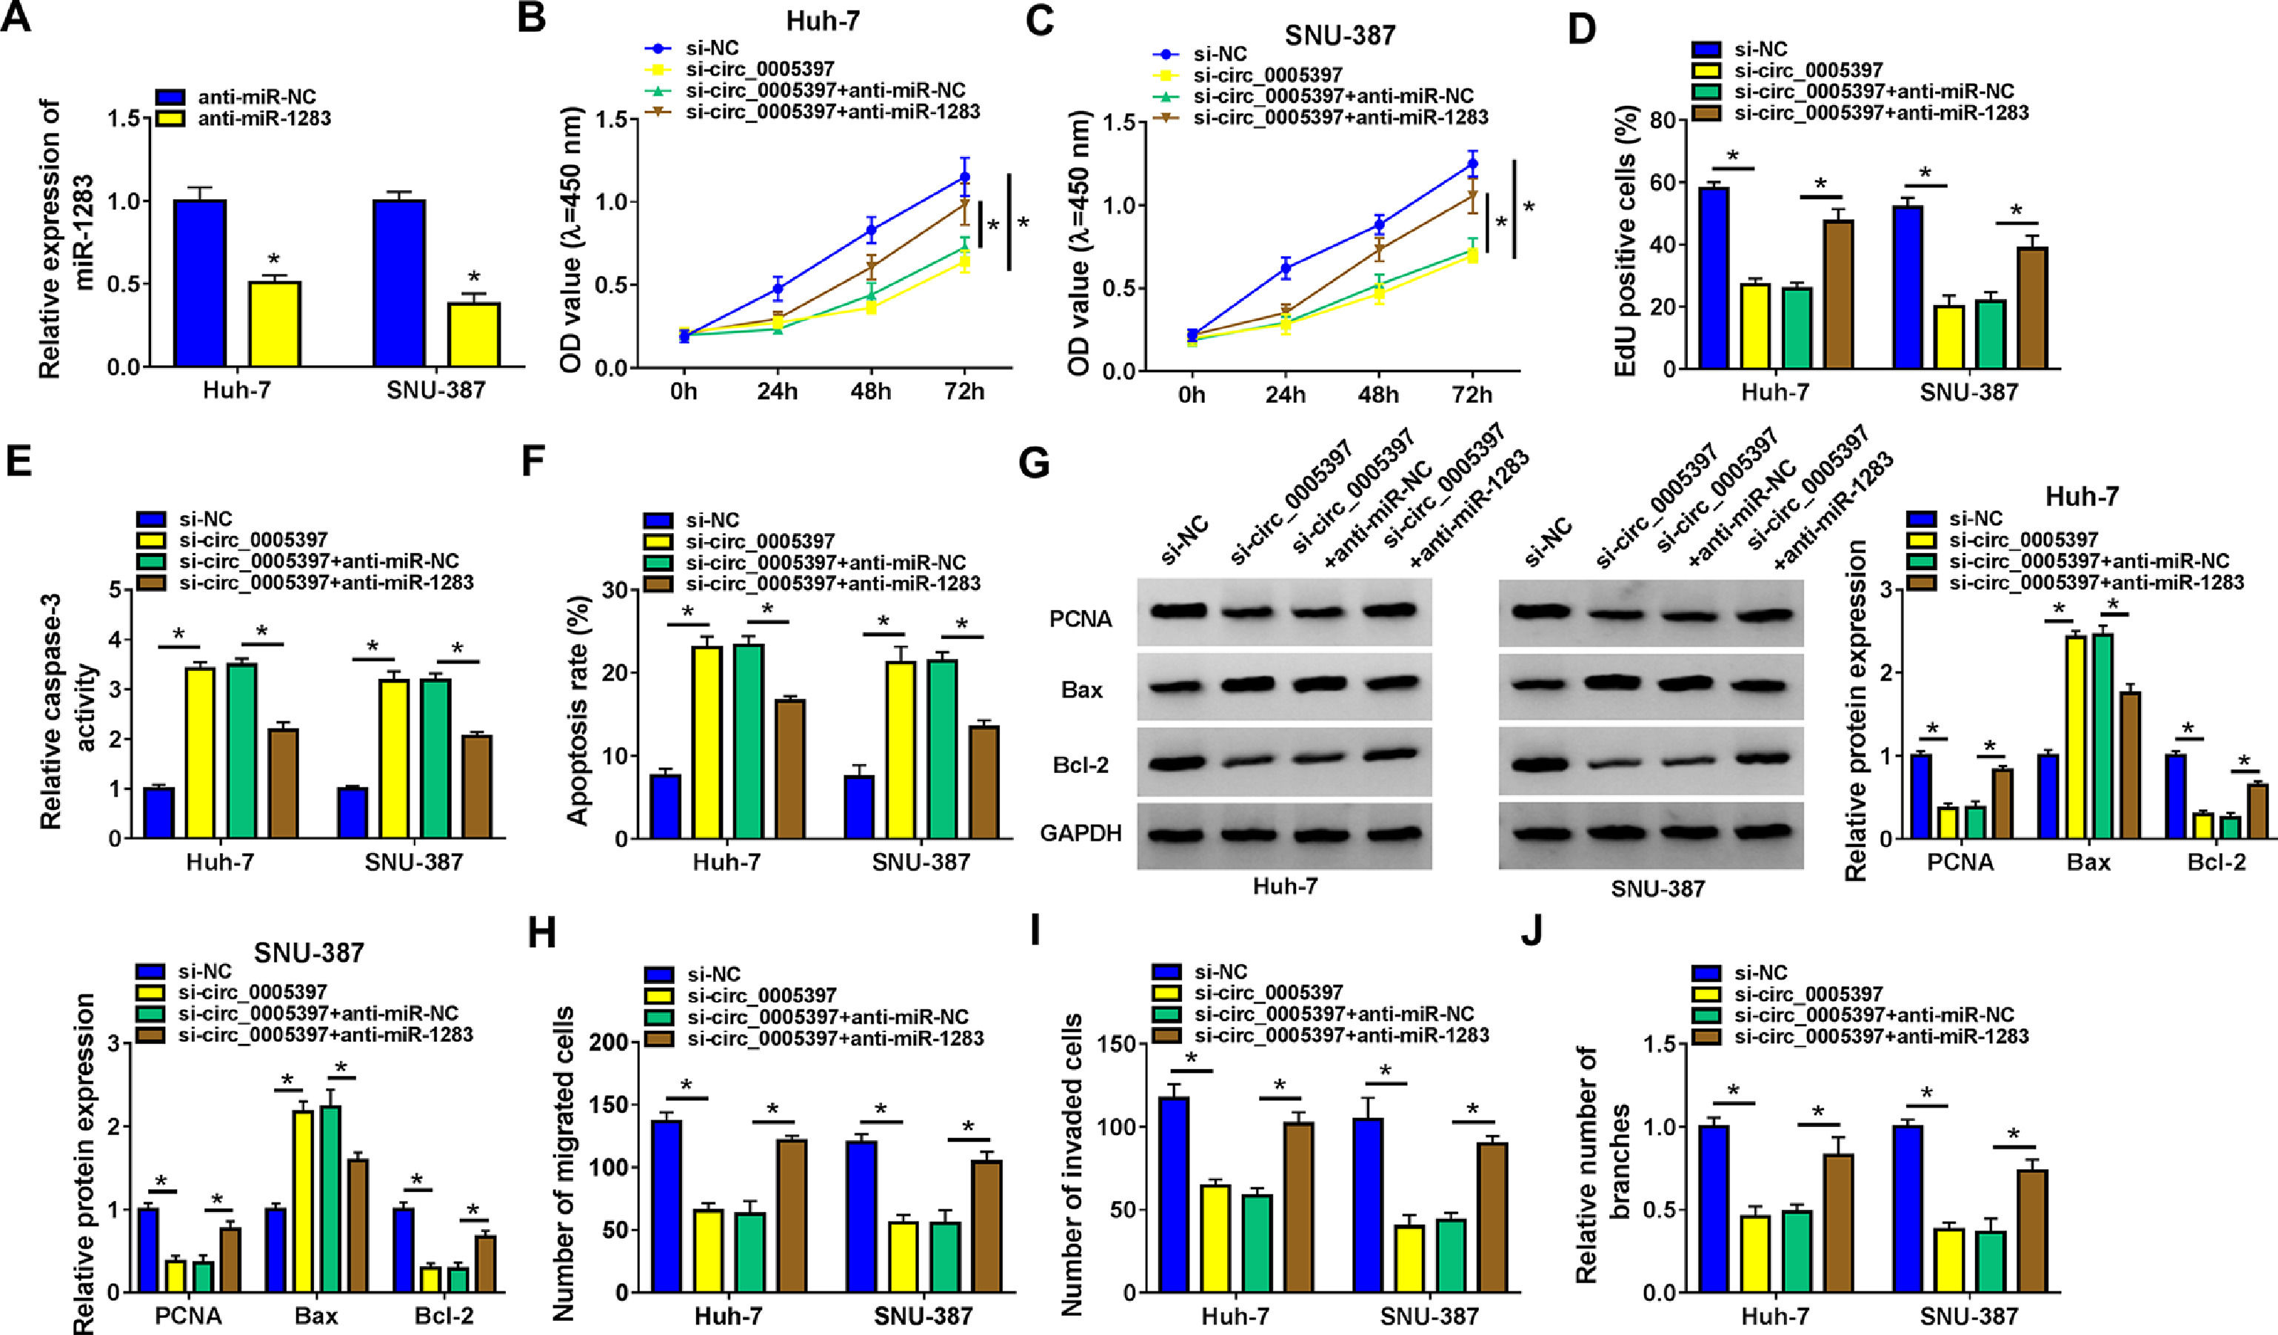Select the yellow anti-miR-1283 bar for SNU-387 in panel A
pyautogui.click(x=474, y=335)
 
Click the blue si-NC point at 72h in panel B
pyautogui.click(x=964, y=177)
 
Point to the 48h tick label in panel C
pyautogui.click(x=1377, y=395)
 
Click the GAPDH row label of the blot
pyautogui.click(x=1080, y=832)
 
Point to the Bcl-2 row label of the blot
pyautogui.click(x=1080, y=766)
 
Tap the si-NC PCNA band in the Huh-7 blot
pyautogui.click(x=1179, y=610)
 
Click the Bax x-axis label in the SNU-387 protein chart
pyautogui.click(x=315, y=1314)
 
